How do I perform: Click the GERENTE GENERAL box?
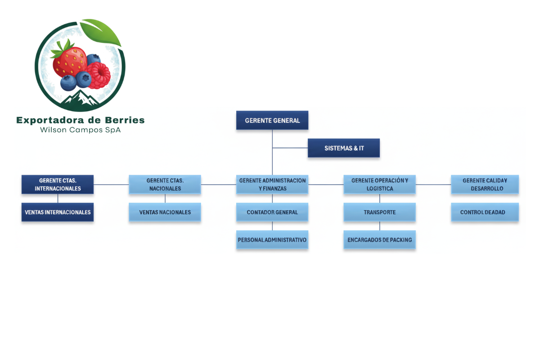click(x=272, y=121)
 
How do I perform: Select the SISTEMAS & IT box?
click(x=344, y=148)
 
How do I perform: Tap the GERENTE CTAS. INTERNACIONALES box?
click(x=58, y=184)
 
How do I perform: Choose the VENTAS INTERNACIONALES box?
click(x=58, y=212)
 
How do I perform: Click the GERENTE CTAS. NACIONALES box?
click(x=165, y=184)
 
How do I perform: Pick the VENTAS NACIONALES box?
click(x=165, y=212)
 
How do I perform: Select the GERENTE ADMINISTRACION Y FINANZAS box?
click(x=272, y=184)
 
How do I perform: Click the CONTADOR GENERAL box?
click(x=272, y=212)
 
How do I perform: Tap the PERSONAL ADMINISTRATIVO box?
click(x=272, y=240)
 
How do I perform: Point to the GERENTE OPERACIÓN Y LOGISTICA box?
click(x=379, y=184)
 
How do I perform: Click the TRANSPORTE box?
click(x=379, y=212)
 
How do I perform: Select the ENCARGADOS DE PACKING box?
click(x=379, y=240)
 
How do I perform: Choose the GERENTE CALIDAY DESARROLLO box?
click(x=485, y=184)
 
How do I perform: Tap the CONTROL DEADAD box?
click(x=485, y=212)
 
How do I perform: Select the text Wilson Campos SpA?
click(x=81, y=130)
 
